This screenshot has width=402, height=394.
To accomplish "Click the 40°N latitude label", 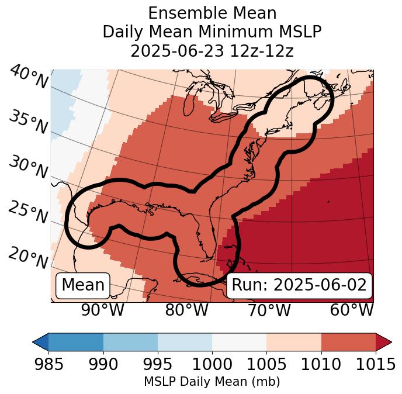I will [x=28, y=77].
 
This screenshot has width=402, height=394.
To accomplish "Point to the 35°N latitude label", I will [x=28, y=122].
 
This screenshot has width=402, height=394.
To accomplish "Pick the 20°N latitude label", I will [x=28, y=257].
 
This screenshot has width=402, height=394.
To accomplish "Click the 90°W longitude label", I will [x=103, y=310].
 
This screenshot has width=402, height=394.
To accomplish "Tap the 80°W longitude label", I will [x=186, y=310].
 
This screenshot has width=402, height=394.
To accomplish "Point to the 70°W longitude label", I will [x=269, y=310].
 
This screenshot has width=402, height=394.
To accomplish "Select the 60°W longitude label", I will [x=352, y=310].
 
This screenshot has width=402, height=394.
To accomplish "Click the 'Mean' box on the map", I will [x=83, y=285].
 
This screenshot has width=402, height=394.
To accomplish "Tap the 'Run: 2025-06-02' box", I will [x=299, y=285].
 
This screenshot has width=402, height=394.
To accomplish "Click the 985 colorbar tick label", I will [x=48, y=364].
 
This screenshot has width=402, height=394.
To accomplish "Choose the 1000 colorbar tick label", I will [x=212, y=364].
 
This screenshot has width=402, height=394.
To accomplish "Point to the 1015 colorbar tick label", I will [x=375, y=364].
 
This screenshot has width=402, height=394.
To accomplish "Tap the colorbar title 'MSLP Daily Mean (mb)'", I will [x=212, y=382].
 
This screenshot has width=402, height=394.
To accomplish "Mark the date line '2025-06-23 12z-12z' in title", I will [x=212, y=51].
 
